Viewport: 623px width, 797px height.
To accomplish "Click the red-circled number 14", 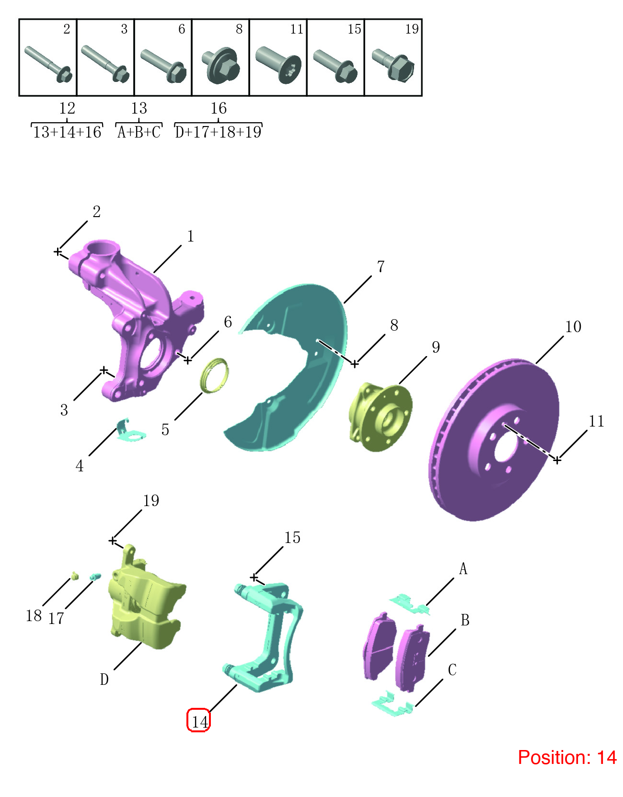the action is click(x=200, y=722).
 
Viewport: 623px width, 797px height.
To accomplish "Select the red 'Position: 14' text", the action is click(x=567, y=757).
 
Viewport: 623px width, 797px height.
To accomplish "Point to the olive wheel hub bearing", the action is click(x=380, y=416).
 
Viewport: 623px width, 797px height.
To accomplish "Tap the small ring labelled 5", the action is click(x=214, y=376).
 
